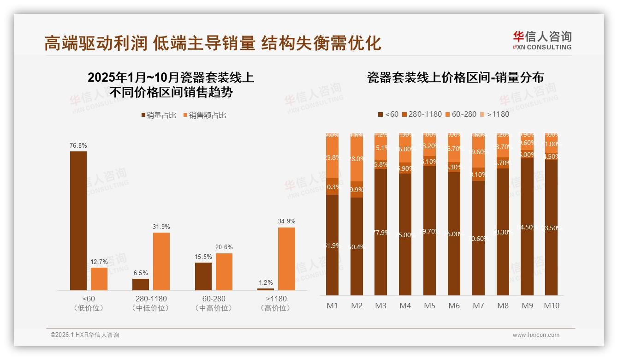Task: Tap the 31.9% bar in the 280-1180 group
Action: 161,261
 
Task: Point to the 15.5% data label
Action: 203,257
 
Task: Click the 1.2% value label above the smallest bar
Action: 266,282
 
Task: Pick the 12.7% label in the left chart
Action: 99,262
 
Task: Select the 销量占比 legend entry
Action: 159,115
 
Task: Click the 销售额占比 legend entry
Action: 205,115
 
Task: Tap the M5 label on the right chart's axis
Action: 429,306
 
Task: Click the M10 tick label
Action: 551,306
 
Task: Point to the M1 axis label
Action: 332,306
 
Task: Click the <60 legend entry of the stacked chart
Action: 388,114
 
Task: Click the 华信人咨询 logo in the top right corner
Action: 542,40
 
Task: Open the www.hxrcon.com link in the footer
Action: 536,335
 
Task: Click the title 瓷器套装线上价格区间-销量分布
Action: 455,77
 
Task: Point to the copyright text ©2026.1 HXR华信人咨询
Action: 85,335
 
